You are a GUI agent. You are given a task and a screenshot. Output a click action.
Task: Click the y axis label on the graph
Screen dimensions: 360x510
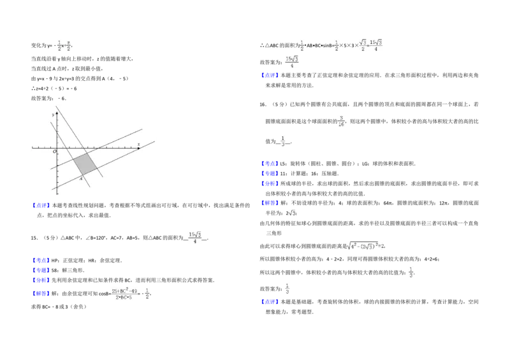click(53, 115)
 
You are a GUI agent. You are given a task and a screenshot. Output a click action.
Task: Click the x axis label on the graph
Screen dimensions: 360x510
click(138, 145)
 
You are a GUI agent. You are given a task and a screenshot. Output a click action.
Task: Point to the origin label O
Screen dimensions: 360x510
click(55, 152)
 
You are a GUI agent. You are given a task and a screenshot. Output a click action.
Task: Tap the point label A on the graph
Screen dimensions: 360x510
click(81, 179)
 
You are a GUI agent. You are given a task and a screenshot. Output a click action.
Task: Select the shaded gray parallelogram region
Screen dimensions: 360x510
click(85, 164)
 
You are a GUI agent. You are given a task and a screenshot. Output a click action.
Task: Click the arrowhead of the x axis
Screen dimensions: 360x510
click(138, 148)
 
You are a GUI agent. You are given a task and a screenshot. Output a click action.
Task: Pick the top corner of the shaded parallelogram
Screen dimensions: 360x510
click(89, 154)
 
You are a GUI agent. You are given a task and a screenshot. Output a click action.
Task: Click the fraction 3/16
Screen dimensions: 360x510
click(341, 120)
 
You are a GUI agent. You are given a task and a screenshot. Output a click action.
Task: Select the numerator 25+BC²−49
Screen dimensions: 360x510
click(124, 291)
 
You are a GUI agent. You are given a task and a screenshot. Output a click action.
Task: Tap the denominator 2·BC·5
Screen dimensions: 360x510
click(124, 297)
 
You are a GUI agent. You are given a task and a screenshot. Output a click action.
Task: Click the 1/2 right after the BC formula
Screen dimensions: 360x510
click(147, 294)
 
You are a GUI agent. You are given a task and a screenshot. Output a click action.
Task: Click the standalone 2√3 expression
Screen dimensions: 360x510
click(291, 214)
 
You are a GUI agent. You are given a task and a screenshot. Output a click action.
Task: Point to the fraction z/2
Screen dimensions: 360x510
click(68, 46)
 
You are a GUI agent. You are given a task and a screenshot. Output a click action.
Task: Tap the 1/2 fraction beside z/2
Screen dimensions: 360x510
click(60, 46)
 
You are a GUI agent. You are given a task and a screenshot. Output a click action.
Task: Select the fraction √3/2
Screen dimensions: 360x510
click(363, 45)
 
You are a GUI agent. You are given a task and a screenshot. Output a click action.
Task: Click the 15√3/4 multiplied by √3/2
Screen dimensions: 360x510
click(377, 45)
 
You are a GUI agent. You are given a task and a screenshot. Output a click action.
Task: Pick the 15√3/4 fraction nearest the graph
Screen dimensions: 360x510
click(194, 237)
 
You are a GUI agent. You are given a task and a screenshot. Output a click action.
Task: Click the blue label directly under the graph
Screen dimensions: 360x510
click(41, 205)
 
